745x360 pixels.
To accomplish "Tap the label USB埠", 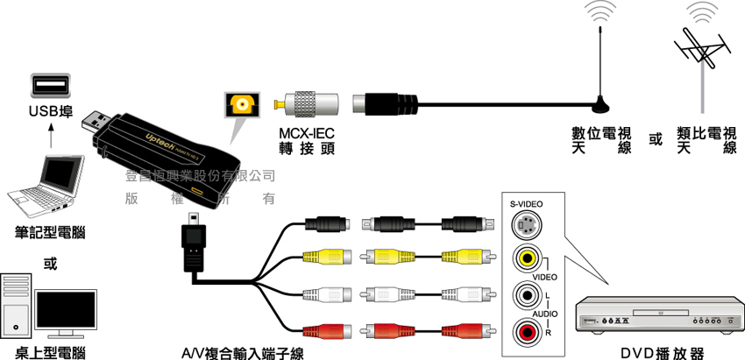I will [51, 111].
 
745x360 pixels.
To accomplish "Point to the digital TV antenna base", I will [601, 107].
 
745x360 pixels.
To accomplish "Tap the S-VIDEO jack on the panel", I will [526, 226].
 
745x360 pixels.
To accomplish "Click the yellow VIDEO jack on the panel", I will [526, 258].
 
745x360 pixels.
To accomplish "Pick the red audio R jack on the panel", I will [526, 332].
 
